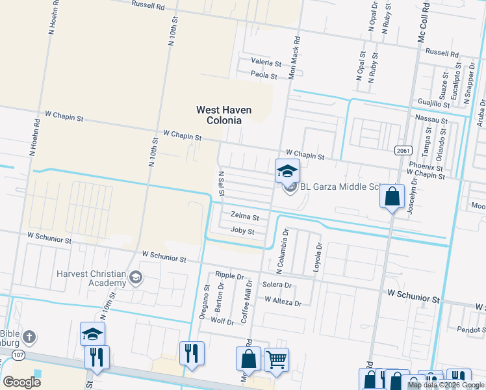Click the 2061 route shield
403,150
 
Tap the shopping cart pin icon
277,359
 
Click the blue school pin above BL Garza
288,172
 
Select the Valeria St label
266,64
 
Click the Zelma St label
245,217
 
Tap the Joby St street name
242,231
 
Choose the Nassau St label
431,121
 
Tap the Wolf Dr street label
222,321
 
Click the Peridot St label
471,330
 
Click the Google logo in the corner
21,382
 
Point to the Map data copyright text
446,385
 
